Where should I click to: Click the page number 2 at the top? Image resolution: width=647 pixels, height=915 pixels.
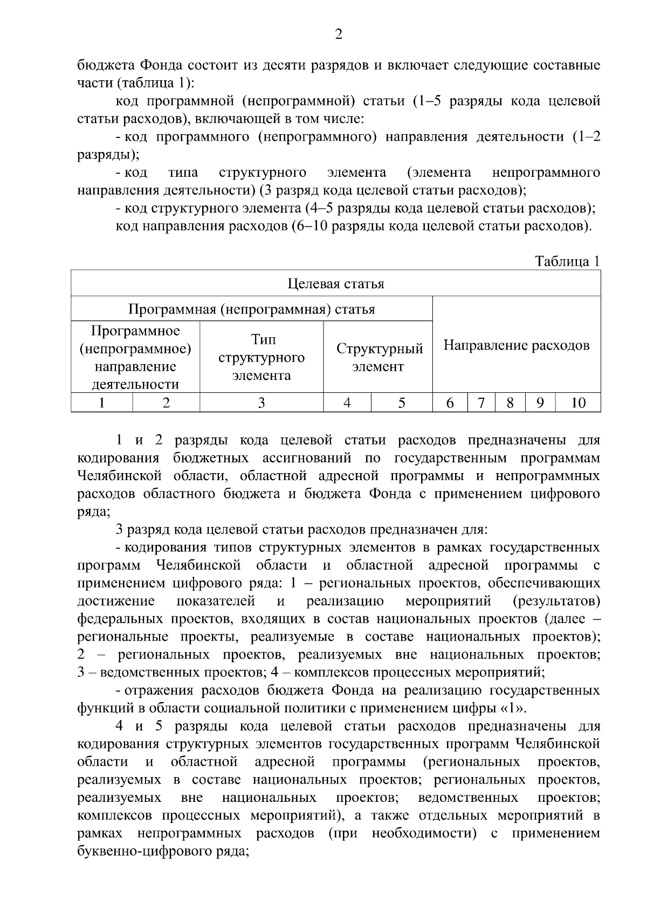[x=338, y=35]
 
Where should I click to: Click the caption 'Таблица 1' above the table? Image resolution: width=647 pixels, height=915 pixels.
[x=567, y=261]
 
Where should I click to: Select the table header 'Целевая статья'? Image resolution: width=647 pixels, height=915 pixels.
[x=335, y=283]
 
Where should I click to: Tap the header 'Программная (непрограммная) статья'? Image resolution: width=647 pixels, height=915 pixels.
[x=251, y=309]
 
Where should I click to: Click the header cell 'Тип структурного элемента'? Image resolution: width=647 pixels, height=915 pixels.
[x=261, y=357]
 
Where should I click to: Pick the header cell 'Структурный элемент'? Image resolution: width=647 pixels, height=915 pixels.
[x=378, y=357]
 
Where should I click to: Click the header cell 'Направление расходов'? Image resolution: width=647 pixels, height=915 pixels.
[x=516, y=345]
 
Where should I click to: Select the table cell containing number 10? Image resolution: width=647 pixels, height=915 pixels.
[x=577, y=403]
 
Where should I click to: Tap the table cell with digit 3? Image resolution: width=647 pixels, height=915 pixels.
[x=261, y=403]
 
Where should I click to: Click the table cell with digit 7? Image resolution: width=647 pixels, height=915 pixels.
[x=481, y=403]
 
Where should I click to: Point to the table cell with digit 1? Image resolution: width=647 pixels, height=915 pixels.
[x=102, y=403]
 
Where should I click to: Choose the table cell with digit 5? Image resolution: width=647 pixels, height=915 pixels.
[x=402, y=403]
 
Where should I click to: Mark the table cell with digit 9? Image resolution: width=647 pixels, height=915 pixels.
[x=540, y=403]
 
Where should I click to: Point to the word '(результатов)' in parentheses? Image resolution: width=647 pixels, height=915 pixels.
[x=556, y=601]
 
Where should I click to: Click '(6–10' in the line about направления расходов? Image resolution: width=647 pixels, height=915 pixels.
[x=308, y=226]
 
